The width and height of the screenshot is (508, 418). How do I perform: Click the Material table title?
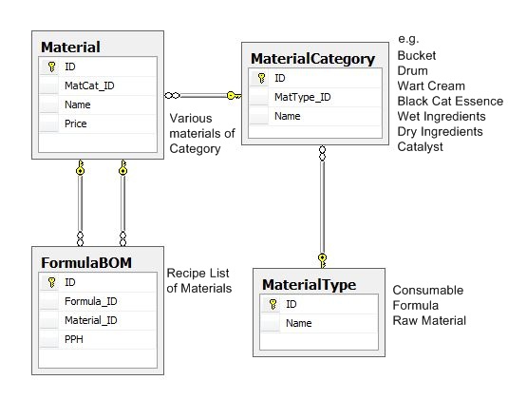(x=70, y=47)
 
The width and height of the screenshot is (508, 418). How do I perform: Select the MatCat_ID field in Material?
(x=89, y=85)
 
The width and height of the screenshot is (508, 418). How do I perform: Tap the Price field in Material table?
(x=75, y=123)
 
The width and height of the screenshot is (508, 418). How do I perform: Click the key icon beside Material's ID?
(x=51, y=66)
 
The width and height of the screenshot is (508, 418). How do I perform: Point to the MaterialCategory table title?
(x=313, y=59)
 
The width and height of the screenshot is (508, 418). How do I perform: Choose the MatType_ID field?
(x=303, y=97)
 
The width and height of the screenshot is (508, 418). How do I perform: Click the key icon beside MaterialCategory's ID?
(x=261, y=78)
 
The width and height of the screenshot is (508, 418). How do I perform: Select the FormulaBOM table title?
(x=86, y=262)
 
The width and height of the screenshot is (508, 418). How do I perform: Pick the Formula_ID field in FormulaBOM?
(x=91, y=301)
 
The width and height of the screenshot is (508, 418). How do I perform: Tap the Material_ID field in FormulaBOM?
(x=91, y=320)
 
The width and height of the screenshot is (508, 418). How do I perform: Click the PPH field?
(x=74, y=339)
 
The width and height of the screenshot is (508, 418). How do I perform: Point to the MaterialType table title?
(x=310, y=285)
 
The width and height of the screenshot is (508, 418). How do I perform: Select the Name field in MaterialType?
(x=299, y=323)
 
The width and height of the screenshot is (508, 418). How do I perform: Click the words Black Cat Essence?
(x=450, y=101)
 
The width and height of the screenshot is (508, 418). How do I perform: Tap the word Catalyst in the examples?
(x=420, y=147)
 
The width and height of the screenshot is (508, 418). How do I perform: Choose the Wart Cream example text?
(x=431, y=85)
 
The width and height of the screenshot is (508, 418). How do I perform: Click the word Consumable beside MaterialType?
(x=428, y=291)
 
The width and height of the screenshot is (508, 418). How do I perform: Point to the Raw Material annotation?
(x=429, y=321)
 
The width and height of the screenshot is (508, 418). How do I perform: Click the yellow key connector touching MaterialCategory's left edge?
(x=234, y=96)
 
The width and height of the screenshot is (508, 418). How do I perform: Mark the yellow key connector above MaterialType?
(x=322, y=261)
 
